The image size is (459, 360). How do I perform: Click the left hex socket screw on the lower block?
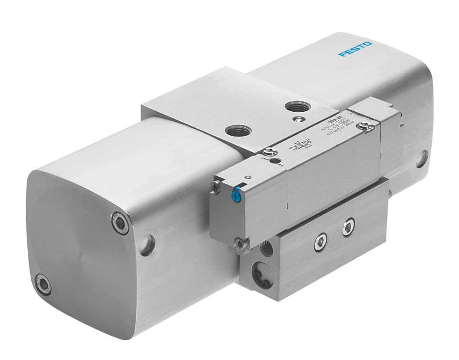click(x=321, y=241)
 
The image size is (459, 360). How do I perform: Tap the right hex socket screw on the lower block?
click(x=348, y=227)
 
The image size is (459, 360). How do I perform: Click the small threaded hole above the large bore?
click(x=266, y=247)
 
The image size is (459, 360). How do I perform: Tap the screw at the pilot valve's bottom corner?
click(x=239, y=243)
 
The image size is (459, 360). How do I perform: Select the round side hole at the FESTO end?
click(x=421, y=159)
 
